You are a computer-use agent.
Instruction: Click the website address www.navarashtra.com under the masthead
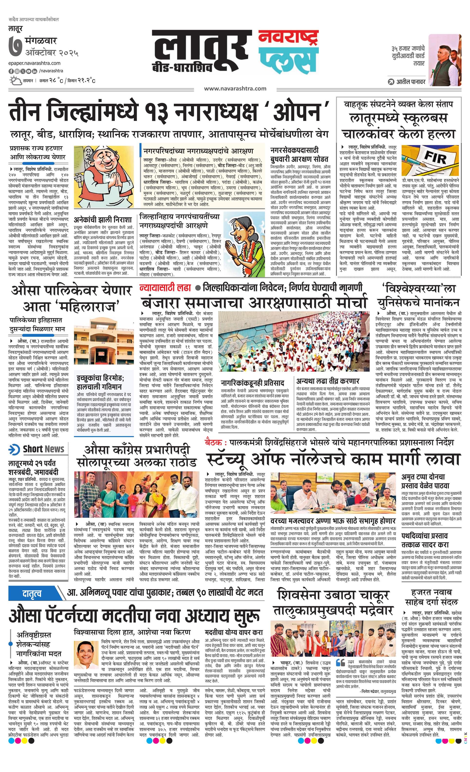coord(235,89)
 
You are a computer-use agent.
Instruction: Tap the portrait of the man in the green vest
coord(445,60)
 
